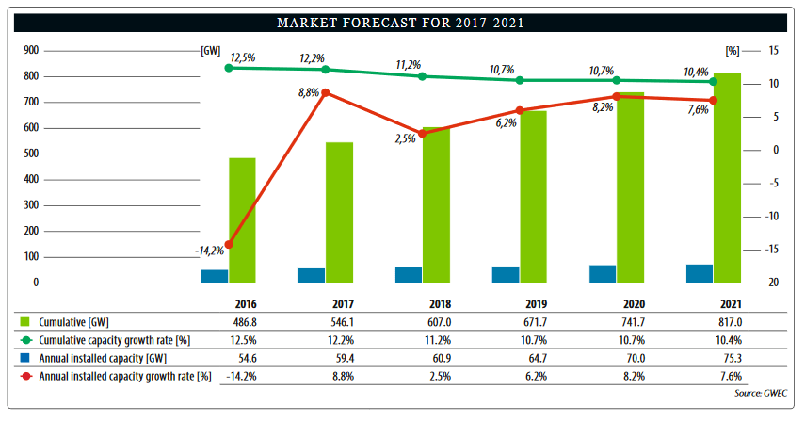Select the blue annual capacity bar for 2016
pos(214,276)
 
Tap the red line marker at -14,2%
pos(228,244)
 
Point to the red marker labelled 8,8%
pos(326,93)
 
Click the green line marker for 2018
pos(422,75)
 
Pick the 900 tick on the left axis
pos(30,50)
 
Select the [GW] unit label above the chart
pos(210,50)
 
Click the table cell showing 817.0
pos(726,321)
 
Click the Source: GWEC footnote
pos(763,392)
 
